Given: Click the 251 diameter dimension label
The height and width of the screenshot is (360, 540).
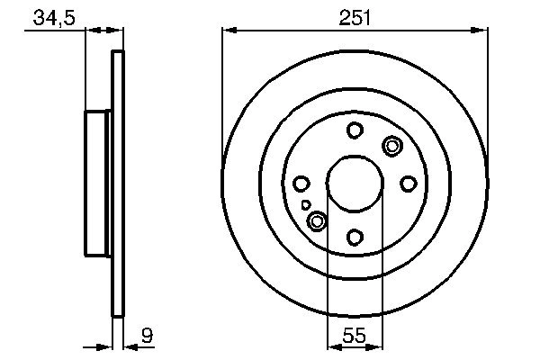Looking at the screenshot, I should (355, 17).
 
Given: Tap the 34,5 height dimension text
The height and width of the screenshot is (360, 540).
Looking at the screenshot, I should (51, 17).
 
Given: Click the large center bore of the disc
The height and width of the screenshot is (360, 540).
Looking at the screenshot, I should (355, 184).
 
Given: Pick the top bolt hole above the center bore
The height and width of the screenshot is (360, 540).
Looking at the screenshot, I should (355, 130).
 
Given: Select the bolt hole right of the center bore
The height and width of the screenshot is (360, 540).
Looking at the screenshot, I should (408, 184).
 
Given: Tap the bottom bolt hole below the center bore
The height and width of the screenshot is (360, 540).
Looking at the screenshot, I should (355, 237).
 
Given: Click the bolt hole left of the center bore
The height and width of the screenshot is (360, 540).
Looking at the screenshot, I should (301, 184).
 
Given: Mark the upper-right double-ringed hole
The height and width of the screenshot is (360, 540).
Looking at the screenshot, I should (392, 145).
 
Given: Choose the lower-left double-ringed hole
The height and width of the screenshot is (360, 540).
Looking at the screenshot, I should (317, 220).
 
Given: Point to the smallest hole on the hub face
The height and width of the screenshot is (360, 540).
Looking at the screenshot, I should (306, 205).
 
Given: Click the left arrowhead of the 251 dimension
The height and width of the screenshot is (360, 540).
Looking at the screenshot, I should (228, 31).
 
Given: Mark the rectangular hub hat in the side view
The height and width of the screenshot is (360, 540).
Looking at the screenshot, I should (98, 184).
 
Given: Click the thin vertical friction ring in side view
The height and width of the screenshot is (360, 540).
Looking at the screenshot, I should (117, 184).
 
